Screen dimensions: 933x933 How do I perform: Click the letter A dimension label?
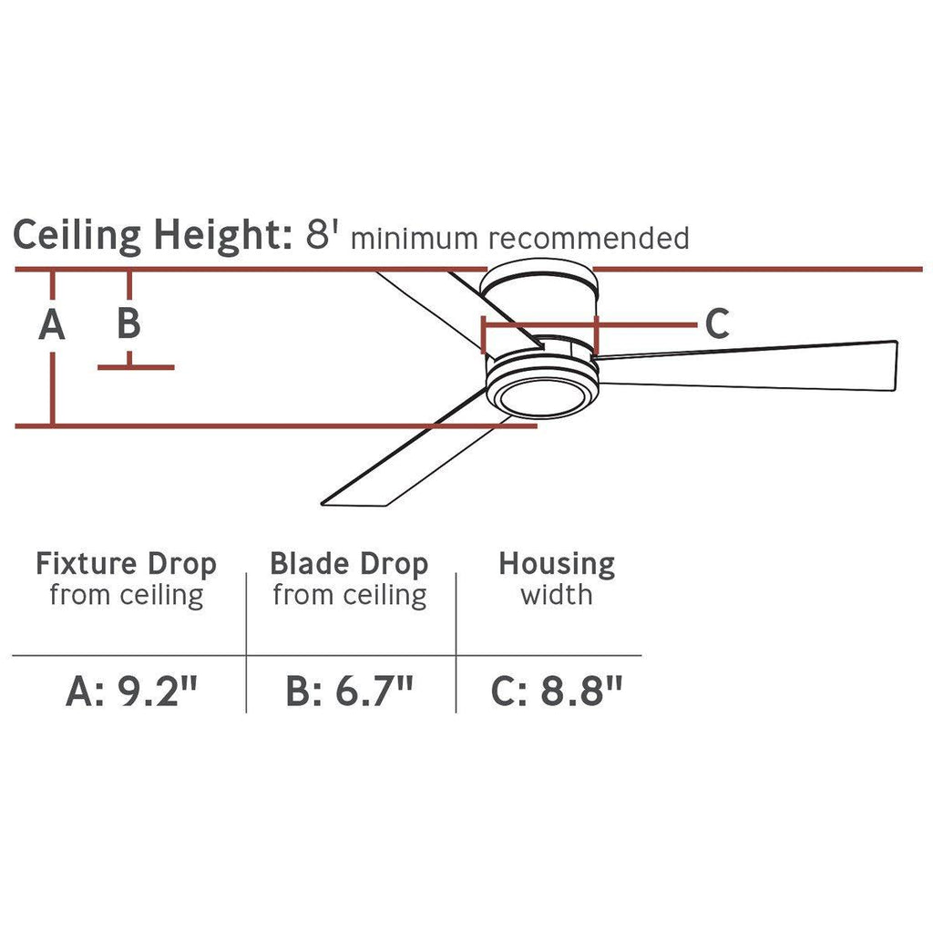tap(52, 325)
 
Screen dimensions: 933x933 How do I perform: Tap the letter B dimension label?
tap(129, 323)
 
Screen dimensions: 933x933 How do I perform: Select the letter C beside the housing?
tap(717, 323)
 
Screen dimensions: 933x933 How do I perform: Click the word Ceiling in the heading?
tap(77, 236)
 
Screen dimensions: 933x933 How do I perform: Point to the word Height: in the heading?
tap(223, 236)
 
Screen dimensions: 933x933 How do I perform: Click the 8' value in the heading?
tap(322, 234)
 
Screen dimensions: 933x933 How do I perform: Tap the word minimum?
tap(415, 239)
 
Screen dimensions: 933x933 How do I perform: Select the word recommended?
tap(590, 238)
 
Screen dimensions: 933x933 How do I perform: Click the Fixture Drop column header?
tap(126, 564)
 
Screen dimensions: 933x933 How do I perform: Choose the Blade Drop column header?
tap(349, 564)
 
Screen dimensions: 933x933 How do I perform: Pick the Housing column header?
tap(557, 564)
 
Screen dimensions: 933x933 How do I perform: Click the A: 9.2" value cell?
tap(131, 691)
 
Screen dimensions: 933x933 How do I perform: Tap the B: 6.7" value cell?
tap(349, 691)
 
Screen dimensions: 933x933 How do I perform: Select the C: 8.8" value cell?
tap(557, 691)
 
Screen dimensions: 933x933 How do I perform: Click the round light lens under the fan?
tap(541, 396)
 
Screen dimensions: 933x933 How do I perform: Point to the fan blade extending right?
tap(747, 366)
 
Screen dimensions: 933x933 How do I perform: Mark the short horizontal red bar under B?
tap(137, 368)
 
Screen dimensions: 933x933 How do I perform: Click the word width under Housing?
tap(557, 595)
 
